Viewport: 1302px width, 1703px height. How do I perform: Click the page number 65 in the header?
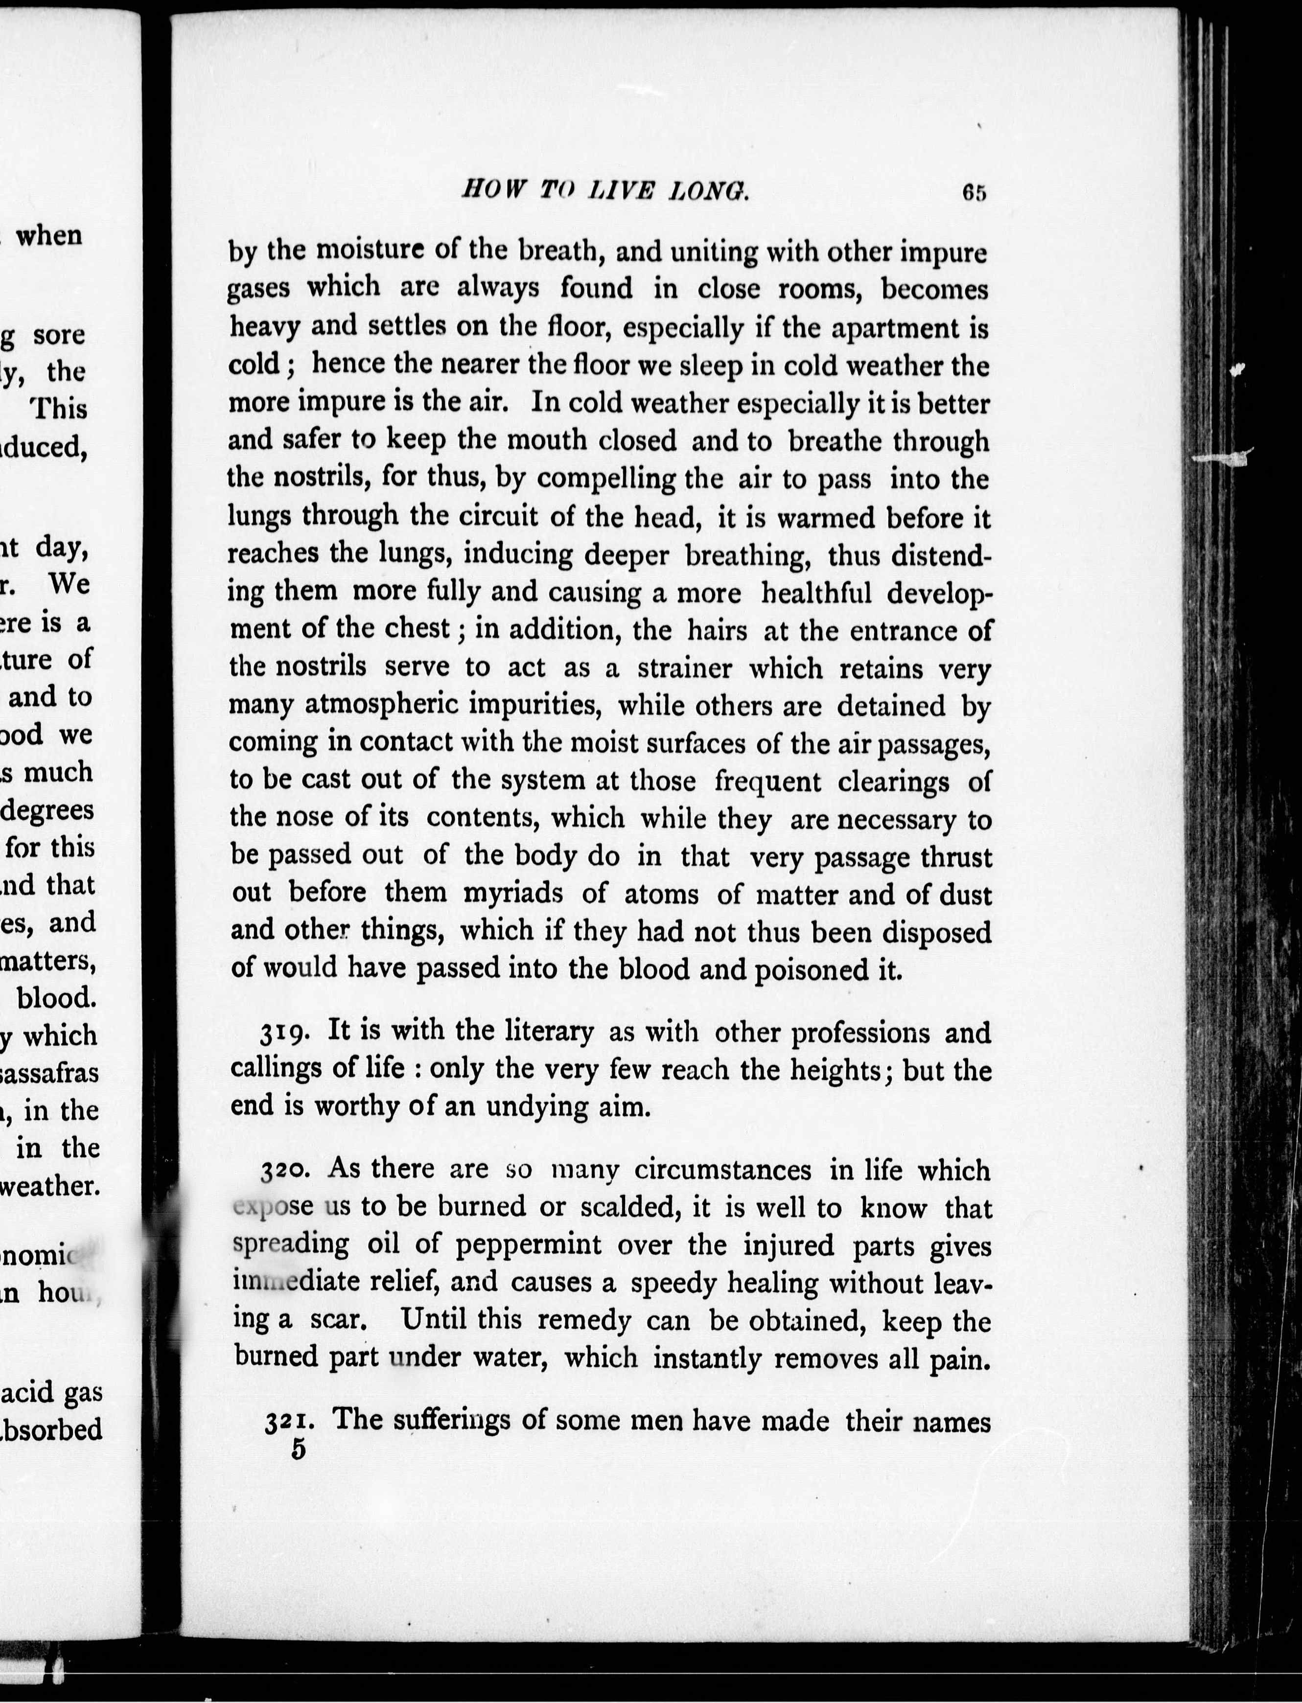pos(974,192)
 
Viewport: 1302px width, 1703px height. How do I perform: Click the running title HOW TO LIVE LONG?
pos(605,190)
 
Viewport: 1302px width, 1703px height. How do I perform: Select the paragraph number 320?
pos(286,1171)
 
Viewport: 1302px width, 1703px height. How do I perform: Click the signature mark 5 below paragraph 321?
pos(299,1450)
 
